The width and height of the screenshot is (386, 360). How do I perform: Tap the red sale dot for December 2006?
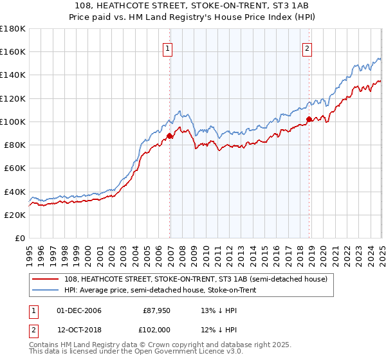170,136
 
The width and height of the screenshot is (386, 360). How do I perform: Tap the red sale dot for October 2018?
309,119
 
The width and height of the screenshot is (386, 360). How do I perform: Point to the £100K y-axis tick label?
12,122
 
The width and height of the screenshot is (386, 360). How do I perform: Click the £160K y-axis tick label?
12,52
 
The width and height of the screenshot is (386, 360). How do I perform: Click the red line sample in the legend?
46,279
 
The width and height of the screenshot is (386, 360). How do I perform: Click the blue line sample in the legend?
46,291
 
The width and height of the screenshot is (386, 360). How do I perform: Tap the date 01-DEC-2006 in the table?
79,310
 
